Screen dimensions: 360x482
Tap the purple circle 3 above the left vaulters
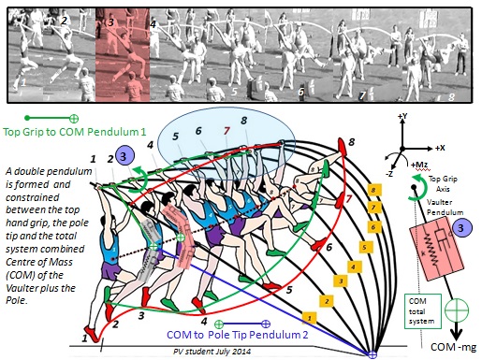click(128, 156)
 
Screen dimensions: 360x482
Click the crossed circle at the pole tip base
click(371, 354)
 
